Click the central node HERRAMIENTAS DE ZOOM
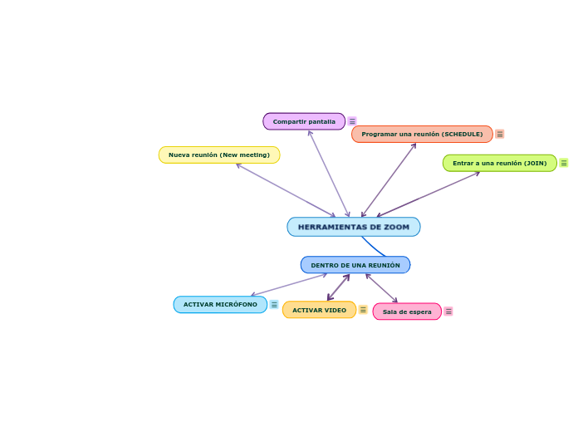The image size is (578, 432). (x=354, y=227)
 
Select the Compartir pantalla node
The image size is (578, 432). (x=304, y=121)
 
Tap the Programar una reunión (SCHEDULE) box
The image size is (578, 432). (x=422, y=134)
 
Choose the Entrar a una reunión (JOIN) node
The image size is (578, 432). (x=499, y=163)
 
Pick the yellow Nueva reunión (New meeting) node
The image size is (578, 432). (x=219, y=155)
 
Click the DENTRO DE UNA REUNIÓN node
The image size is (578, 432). (x=355, y=265)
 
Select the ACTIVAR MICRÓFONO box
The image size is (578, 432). (x=220, y=305)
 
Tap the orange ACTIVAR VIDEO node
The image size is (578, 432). (x=319, y=310)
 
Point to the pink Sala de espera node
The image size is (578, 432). (x=407, y=312)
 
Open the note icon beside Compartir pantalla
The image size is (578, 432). (x=352, y=121)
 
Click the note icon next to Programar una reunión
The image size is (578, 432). (x=500, y=134)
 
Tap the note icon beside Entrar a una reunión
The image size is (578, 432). (x=564, y=163)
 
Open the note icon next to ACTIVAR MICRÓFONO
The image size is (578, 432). (x=274, y=305)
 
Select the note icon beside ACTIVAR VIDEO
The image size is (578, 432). (x=363, y=310)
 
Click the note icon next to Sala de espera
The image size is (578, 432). (x=448, y=312)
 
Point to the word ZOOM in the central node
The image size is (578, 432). (x=396, y=227)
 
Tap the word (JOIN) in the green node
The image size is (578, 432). (x=535, y=163)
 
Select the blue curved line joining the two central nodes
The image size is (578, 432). (x=373, y=247)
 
